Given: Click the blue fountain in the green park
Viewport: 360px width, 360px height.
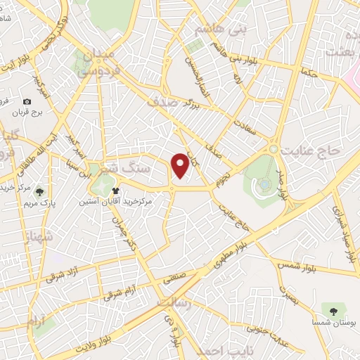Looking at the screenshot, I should coord(264,184).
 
